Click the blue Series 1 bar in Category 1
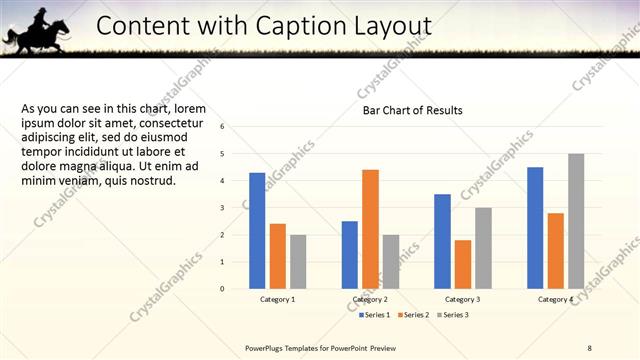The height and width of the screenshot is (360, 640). point(257,231)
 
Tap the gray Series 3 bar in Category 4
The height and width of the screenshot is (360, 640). point(576,221)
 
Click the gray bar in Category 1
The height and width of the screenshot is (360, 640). point(298,262)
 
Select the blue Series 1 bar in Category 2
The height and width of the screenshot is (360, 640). point(349,255)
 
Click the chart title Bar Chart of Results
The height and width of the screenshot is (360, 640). point(412,111)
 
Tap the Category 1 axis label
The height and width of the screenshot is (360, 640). point(277,299)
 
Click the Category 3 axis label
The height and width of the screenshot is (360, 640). point(462,299)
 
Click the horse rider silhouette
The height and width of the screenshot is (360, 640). point(37,29)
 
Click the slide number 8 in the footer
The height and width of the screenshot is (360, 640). point(589,348)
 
